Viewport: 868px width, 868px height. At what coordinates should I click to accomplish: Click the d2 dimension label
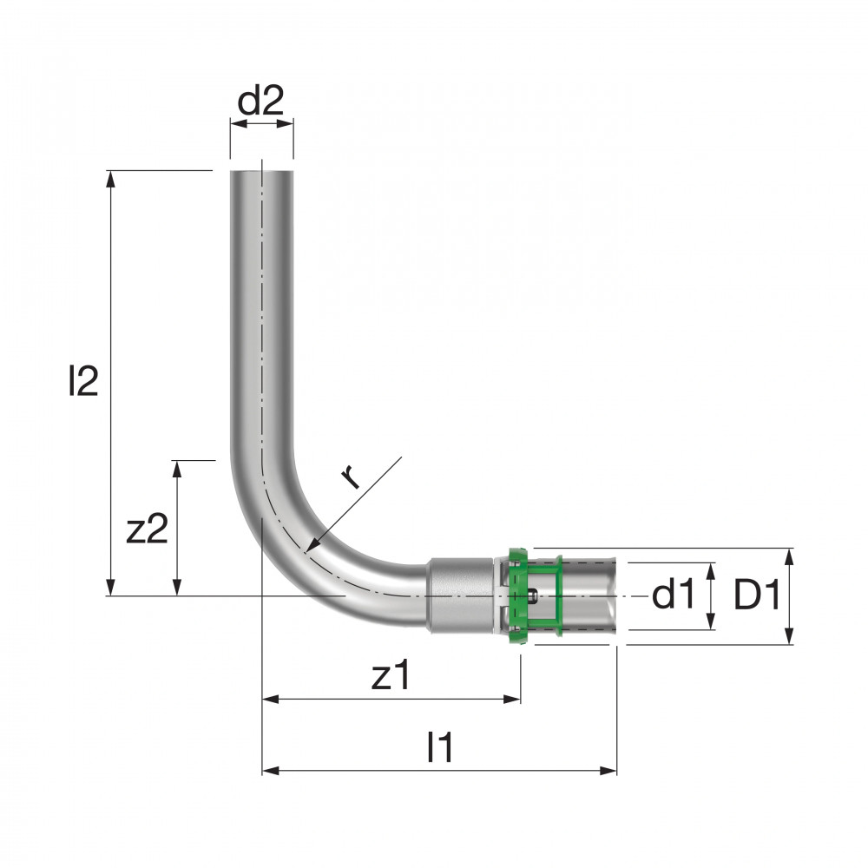pos(260,100)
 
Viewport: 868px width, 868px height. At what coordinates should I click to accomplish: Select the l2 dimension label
pos(83,380)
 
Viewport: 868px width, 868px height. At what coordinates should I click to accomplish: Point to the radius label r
pos(351,477)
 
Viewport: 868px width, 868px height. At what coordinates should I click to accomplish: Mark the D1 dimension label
pos(757,595)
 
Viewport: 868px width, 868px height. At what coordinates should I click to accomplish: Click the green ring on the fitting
pos(518,595)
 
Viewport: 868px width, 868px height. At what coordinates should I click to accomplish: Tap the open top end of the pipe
pos(262,172)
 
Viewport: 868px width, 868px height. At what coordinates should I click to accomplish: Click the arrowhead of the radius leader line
pos(311,546)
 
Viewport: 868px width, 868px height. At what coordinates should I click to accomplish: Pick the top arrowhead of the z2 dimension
pos(177,469)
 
